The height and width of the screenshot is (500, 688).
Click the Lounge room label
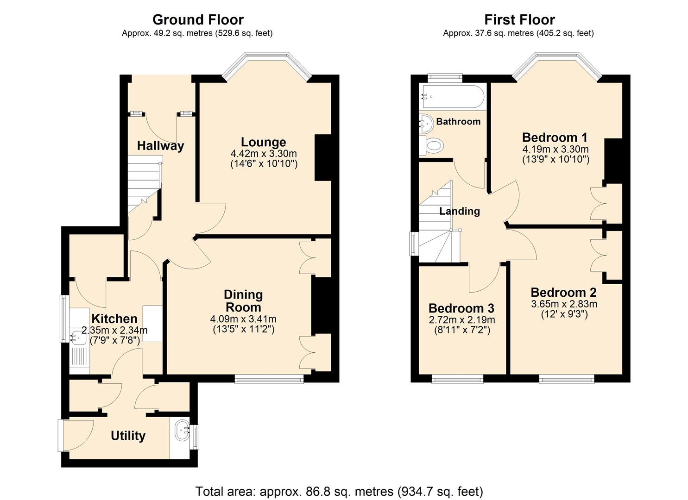(263, 142)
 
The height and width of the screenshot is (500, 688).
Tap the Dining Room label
(243, 301)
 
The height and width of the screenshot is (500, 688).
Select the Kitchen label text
(114, 319)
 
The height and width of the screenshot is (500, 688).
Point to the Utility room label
(128, 436)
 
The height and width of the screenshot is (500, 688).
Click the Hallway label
(160, 146)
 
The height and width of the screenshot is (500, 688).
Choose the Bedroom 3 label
(461, 308)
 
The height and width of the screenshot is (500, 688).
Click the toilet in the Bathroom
(433, 146)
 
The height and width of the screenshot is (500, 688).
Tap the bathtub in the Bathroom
(451, 97)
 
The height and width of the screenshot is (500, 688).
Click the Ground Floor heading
(198, 20)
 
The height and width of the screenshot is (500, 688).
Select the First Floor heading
(519, 20)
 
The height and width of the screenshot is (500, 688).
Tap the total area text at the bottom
(339, 491)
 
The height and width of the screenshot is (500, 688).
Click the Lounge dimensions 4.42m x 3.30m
(263, 154)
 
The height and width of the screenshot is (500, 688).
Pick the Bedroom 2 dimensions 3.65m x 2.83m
(564, 304)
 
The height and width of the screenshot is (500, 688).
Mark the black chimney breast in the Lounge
(323, 157)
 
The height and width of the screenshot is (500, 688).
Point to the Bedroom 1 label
(555, 137)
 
